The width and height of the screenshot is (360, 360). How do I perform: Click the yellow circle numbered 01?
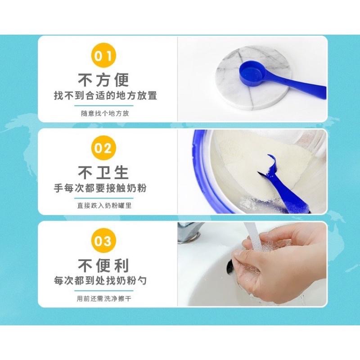click(103, 55)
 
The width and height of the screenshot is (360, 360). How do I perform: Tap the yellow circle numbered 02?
click(103, 148)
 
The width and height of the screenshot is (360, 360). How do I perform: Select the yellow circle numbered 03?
click(103, 241)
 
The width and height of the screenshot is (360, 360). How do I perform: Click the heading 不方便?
click(103, 80)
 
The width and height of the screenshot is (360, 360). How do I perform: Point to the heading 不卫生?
click(103, 173)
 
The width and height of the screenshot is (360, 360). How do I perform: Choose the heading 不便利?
click(103, 265)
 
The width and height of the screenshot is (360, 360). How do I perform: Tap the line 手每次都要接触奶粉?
click(100, 188)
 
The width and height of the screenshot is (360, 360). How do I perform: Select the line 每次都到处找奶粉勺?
click(100, 280)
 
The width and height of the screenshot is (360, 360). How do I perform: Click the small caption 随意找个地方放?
click(105, 113)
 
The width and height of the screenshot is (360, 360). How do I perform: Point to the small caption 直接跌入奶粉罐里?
click(104, 206)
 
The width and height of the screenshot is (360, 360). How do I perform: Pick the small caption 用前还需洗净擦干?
click(104, 298)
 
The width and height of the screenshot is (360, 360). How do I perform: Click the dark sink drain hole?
click(229, 267)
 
